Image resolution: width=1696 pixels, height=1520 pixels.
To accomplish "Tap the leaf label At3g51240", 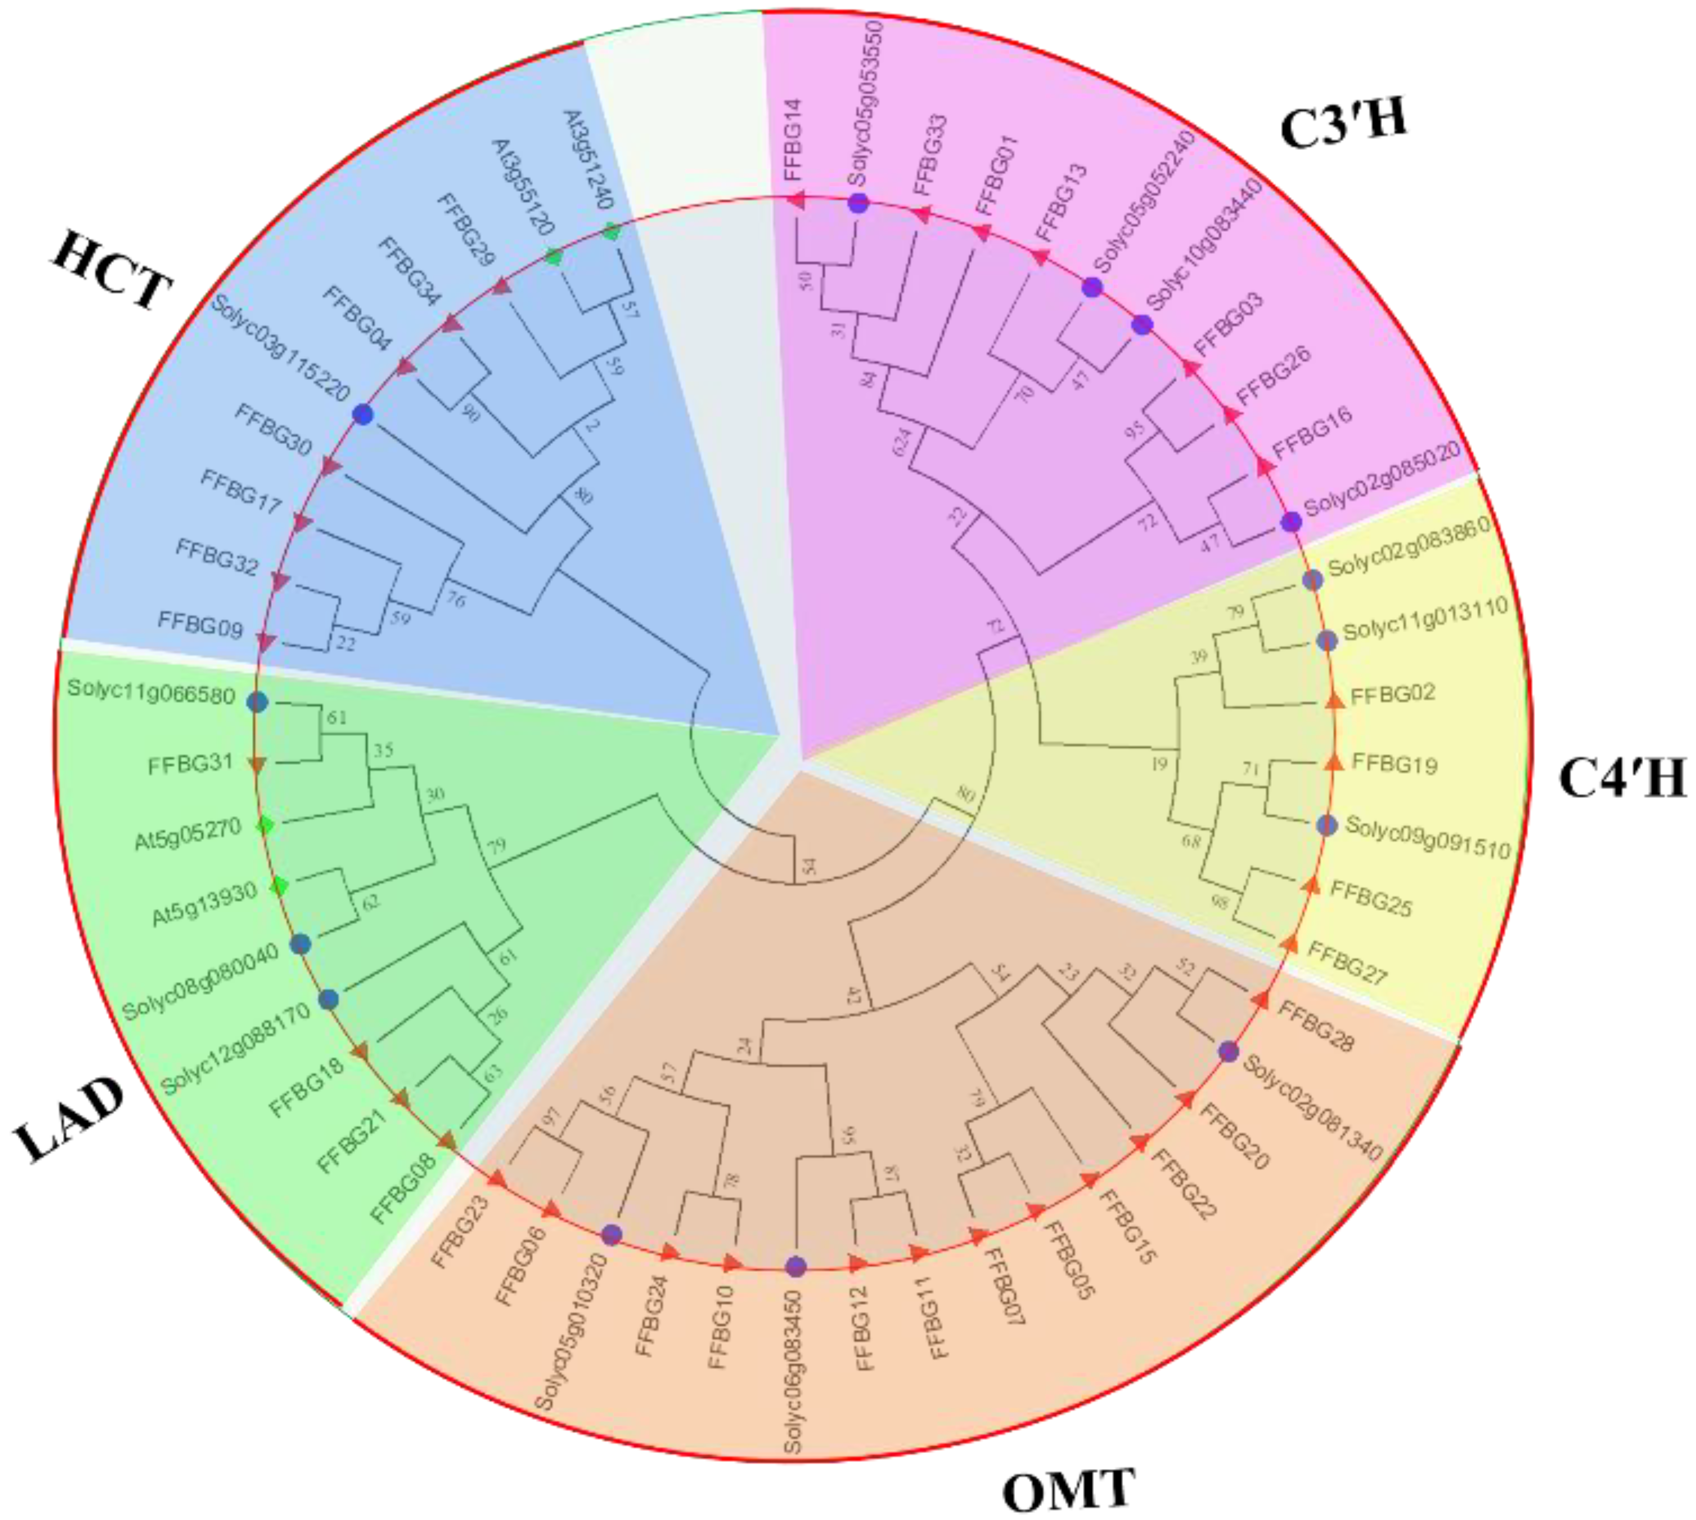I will tap(589, 159).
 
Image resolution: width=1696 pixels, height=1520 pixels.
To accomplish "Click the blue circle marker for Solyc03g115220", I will tap(363, 414).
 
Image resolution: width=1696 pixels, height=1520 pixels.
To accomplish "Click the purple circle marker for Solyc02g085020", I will tap(1291, 522).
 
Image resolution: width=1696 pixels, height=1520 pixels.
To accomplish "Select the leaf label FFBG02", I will tap(1392, 693).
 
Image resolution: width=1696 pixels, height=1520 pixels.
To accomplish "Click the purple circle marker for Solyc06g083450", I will tap(796, 1266).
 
